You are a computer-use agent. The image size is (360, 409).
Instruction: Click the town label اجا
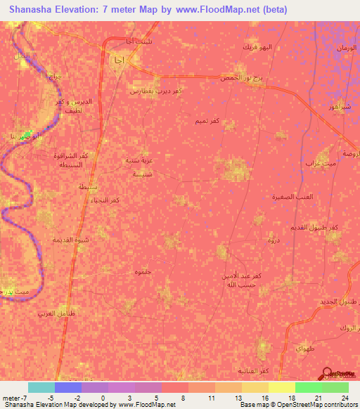click(117, 60)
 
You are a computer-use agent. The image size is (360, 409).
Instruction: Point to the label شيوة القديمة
click(67, 240)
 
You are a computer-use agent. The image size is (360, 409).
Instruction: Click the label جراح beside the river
click(54, 75)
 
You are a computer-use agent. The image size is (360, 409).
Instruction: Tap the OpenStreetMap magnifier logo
click(328, 374)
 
